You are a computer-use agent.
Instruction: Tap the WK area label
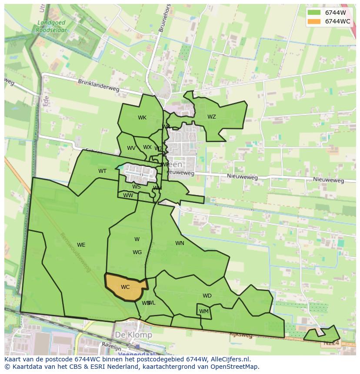[142, 118]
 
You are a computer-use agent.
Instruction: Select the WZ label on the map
[212, 117]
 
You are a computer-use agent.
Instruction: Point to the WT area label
[102, 171]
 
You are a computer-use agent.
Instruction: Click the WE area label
[81, 245]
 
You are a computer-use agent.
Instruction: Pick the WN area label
[180, 243]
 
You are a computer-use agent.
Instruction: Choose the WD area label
[207, 296]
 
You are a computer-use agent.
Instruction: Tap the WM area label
[204, 311]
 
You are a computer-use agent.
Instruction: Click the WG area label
[137, 252]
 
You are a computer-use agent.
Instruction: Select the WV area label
[131, 148]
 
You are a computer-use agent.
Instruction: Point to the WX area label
[147, 147]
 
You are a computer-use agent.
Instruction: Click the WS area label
[137, 187]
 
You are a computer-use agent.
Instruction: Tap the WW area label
[128, 195]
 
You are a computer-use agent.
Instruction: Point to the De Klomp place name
[133, 335]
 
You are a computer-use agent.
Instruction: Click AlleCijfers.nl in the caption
[228, 359]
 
